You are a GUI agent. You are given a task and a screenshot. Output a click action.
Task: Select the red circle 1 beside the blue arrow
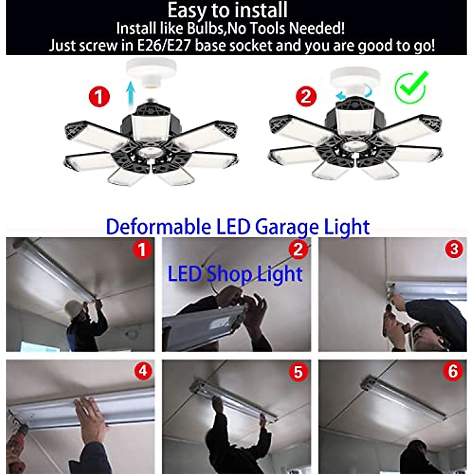[99, 96]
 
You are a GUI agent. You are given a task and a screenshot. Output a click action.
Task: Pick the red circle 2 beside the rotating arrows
[307, 96]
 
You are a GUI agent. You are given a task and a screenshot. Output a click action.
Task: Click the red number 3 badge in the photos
[454, 250]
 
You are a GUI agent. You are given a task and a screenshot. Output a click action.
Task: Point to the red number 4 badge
[143, 371]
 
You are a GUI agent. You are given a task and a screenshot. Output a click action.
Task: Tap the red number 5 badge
[298, 372]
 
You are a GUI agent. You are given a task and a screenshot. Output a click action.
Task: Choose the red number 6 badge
[453, 372]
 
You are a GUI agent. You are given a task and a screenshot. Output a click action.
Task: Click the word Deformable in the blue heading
[158, 227]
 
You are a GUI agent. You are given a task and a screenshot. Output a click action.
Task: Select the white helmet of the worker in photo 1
[73, 307]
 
